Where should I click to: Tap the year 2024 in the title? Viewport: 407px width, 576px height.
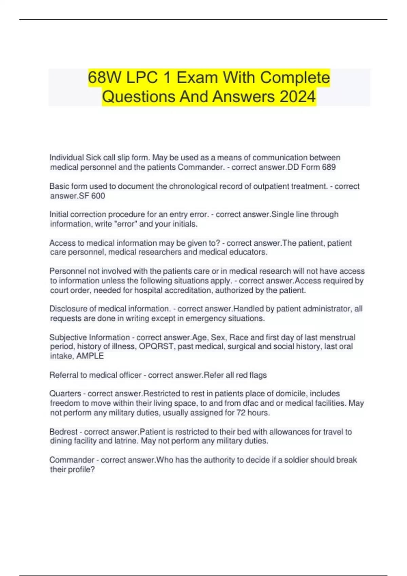(x=297, y=97)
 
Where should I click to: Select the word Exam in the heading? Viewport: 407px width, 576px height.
(x=197, y=78)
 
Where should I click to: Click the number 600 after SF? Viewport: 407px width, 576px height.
(x=98, y=196)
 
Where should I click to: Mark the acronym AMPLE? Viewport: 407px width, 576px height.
(x=90, y=356)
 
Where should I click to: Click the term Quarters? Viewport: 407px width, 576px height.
(x=65, y=394)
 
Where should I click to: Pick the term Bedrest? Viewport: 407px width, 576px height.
(x=63, y=432)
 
